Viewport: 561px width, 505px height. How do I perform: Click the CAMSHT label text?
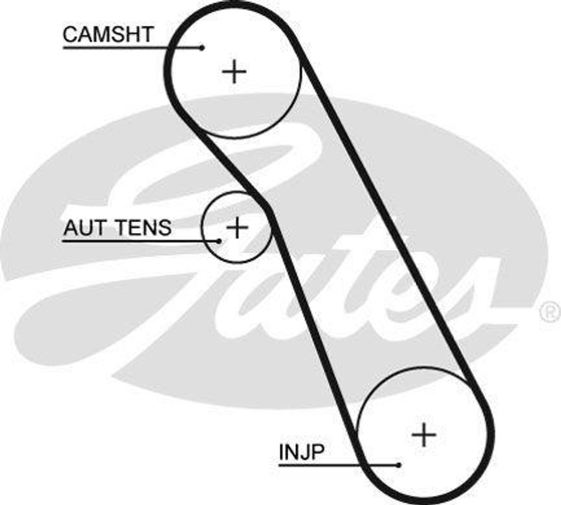click(x=108, y=35)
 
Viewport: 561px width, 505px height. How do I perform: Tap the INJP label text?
click(x=301, y=452)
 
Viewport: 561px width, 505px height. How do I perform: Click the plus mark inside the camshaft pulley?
click(x=234, y=72)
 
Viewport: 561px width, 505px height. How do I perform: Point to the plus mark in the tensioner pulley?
click(x=237, y=227)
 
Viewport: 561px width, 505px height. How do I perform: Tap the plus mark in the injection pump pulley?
click(x=424, y=435)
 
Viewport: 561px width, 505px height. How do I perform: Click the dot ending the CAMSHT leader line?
click(x=202, y=48)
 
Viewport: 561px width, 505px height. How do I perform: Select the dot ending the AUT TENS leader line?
click(x=219, y=240)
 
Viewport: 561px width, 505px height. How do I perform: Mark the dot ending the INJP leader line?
click(x=399, y=465)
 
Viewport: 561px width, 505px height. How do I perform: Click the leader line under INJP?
click(x=329, y=465)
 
